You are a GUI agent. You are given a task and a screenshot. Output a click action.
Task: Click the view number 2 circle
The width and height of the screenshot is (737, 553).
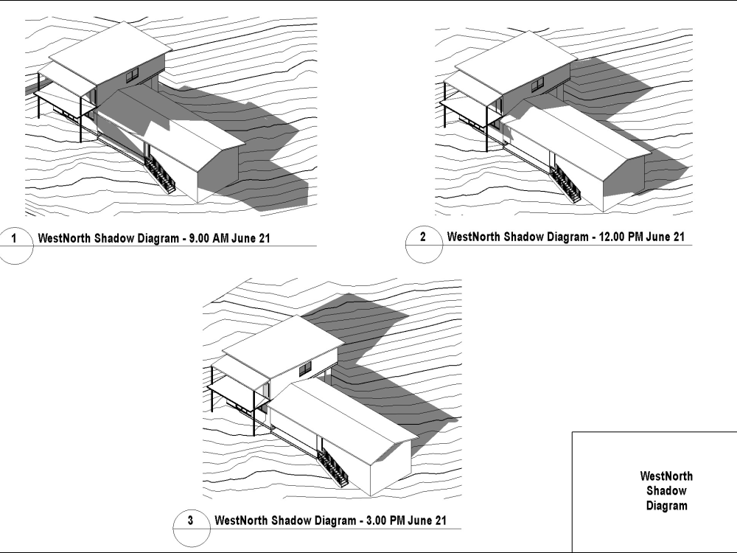click(x=422, y=237)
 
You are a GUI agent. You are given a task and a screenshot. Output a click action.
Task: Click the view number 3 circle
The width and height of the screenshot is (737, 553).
click(x=191, y=521)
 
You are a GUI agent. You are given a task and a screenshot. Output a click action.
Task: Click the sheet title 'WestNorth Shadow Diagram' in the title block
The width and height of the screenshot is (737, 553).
click(x=666, y=491)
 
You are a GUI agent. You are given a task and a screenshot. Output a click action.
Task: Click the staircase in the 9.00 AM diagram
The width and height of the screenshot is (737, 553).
click(x=160, y=174)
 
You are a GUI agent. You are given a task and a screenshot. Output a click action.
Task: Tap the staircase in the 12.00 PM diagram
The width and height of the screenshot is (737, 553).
click(x=565, y=182)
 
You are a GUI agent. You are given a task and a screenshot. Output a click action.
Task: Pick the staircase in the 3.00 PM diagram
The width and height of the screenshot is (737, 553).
click(x=333, y=466)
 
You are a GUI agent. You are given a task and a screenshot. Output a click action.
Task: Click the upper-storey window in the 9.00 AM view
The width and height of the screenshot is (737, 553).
click(x=133, y=73)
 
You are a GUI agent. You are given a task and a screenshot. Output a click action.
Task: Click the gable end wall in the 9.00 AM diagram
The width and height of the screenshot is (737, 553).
click(x=219, y=173)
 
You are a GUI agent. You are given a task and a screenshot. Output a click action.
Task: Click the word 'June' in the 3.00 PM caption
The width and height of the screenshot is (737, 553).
click(x=419, y=521)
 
